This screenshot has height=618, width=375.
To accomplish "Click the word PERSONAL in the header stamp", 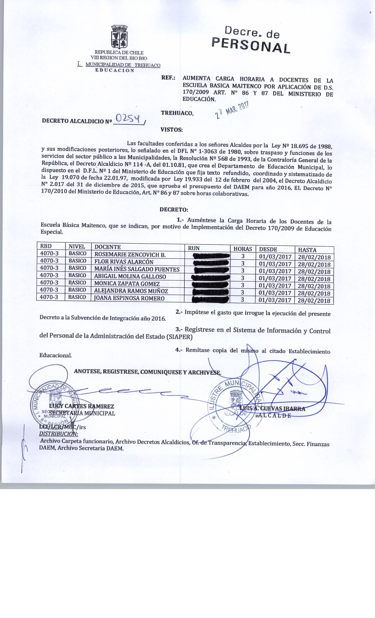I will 251,46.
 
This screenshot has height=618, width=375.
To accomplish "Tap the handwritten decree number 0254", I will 129,118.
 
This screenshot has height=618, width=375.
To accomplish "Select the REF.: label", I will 168,79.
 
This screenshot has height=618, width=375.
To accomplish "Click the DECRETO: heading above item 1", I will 173,210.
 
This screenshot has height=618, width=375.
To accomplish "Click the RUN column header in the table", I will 194,248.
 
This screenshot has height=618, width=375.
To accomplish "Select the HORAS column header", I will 243,249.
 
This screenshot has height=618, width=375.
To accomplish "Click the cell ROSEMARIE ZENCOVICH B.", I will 130,255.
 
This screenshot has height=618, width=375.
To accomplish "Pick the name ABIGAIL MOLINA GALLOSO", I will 130,276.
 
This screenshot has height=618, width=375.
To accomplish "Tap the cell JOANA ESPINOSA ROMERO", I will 129,298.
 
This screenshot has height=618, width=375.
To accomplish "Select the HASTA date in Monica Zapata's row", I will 314,286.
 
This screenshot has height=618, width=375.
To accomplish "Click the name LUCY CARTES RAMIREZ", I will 82,406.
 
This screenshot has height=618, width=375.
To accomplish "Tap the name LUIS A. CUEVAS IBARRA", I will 272,408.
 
